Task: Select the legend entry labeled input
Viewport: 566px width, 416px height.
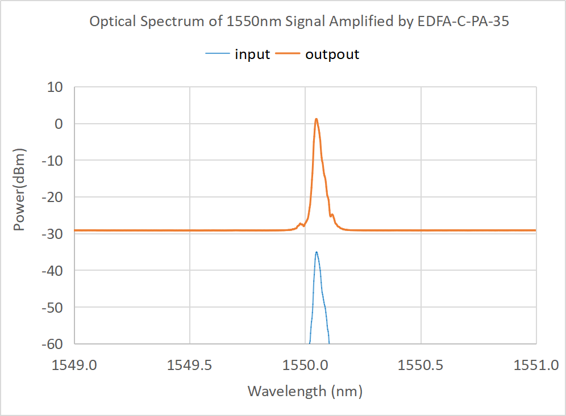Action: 252,54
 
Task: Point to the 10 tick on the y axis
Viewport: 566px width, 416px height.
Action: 56,87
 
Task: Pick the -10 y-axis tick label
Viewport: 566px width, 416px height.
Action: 53,161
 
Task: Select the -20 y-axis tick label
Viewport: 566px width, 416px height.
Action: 53,197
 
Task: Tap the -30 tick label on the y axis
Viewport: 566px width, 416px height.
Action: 53,234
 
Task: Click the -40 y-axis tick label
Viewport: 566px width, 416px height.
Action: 53,270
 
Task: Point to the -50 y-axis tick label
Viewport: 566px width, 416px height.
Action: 53,307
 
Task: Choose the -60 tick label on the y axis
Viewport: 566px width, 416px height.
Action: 53,343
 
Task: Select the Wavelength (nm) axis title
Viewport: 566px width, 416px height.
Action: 305,391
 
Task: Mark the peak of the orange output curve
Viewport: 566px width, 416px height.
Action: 317,119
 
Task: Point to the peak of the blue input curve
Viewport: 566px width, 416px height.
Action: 317,252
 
